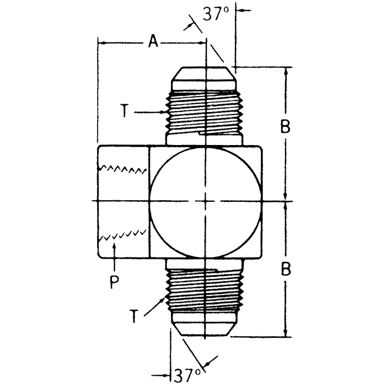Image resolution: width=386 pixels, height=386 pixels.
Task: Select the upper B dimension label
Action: pos(285,127)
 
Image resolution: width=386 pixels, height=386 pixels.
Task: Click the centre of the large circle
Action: pos(205,201)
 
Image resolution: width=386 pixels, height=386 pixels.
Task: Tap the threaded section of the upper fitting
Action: pos(205,112)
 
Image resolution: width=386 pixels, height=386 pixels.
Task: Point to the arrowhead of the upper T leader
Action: pos(164,112)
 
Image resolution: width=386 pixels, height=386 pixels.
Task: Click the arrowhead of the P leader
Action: pos(114,246)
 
